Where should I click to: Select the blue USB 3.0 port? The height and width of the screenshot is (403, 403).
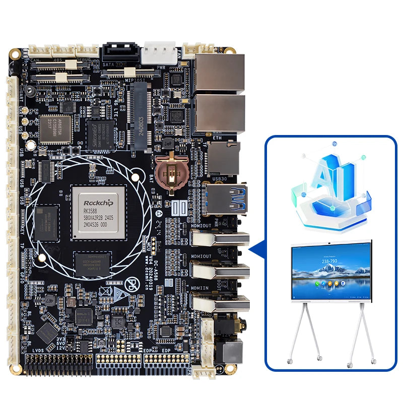click(x=225, y=198)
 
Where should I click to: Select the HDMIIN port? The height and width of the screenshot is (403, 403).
click(x=220, y=304)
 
